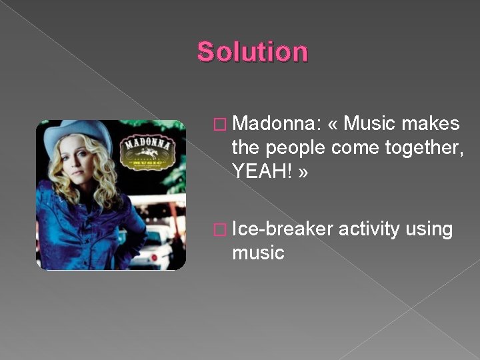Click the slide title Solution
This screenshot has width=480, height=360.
253,51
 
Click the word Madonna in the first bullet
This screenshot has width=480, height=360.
275,124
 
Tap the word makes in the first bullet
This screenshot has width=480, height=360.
433,124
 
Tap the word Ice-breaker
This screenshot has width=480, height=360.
283,229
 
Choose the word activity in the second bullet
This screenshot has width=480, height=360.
369,229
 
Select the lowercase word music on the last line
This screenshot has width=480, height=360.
258,253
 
